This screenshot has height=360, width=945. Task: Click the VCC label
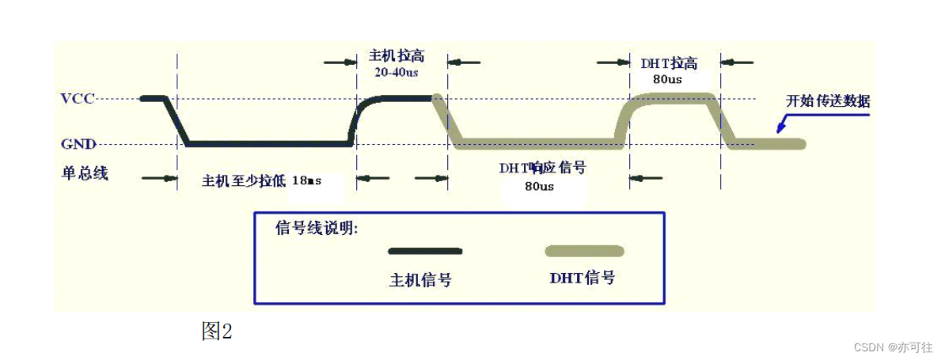pyautogui.click(x=78, y=99)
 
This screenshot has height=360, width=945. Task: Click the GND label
pyautogui.click(x=78, y=145)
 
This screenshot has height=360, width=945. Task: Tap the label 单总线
pyautogui.click(x=84, y=172)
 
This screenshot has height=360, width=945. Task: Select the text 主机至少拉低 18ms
pyautogui.click(x=262, y=180)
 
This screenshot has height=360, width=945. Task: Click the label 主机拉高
pyautogui.click(x=397, y=56)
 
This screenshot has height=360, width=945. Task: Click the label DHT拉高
pyautogui.click(x=669, y=63)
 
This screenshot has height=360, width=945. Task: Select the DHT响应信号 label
pyautogui.click(x=541, y=168)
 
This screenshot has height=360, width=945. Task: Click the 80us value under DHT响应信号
pyautogui.click(x=539, y=187)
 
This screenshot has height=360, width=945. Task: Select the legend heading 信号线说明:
pyautogui.click(x=317, y=229)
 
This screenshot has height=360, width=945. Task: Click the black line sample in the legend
pyautogui.click(x=425, y=251)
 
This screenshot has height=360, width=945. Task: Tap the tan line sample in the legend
pyautogui.click(x=584, y=251)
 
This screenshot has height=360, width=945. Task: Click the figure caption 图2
pyautogui.click(x=217, y=332)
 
